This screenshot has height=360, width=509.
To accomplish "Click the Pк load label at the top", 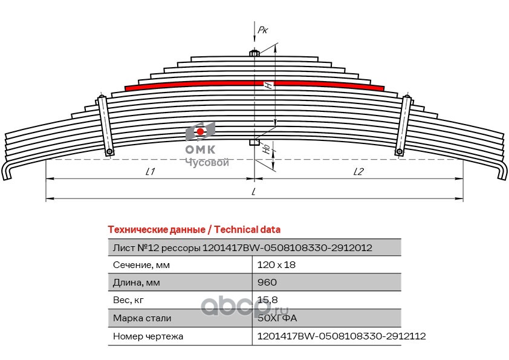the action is pos(262,29).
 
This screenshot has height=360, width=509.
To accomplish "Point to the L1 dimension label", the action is pos(151,172).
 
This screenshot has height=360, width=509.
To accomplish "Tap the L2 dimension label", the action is pos(358,172).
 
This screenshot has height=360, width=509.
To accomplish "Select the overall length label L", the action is pos(254,192).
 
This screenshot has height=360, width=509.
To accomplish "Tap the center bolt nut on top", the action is pos(254,53).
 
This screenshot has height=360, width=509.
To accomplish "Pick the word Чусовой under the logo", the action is pos(206,163).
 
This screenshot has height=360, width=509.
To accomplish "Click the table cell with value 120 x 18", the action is pos(276,265).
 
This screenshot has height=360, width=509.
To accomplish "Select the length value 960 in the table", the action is pos(267,283).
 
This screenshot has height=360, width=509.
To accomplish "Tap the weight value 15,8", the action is pos(267,300).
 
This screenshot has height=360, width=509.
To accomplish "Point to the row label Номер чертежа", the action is pos(148,336).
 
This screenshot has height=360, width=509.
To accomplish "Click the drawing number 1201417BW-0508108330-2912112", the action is pos(342,336).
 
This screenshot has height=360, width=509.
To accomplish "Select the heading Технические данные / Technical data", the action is pos(193,230).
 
